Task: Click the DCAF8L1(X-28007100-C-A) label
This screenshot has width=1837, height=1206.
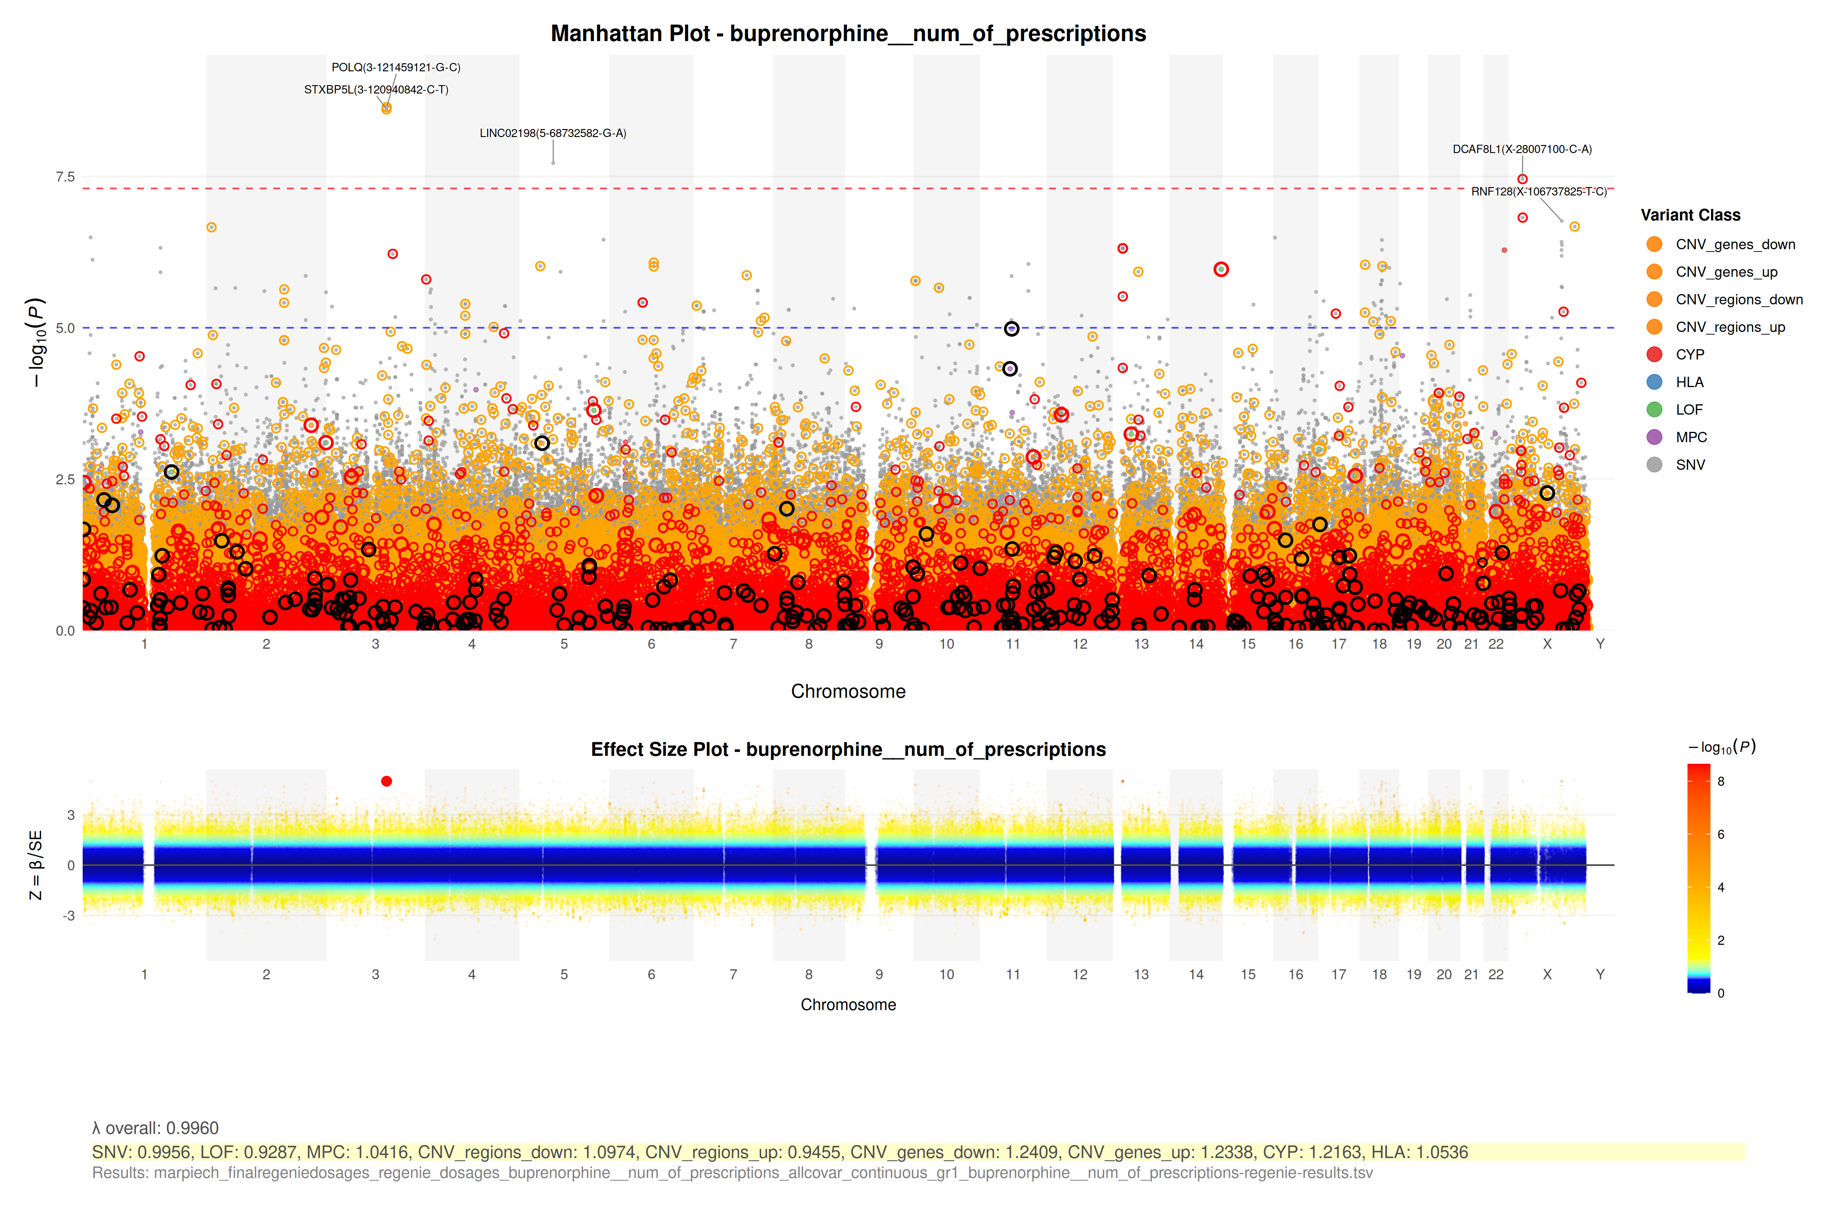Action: pos(1521,149)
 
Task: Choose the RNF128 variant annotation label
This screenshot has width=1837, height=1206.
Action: pos(1538,191)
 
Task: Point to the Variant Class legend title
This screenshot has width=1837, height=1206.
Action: pos(1690,216)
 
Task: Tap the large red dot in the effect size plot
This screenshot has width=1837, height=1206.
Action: pos(387,781)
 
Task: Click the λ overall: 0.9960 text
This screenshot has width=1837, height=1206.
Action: pos(155,1128)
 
